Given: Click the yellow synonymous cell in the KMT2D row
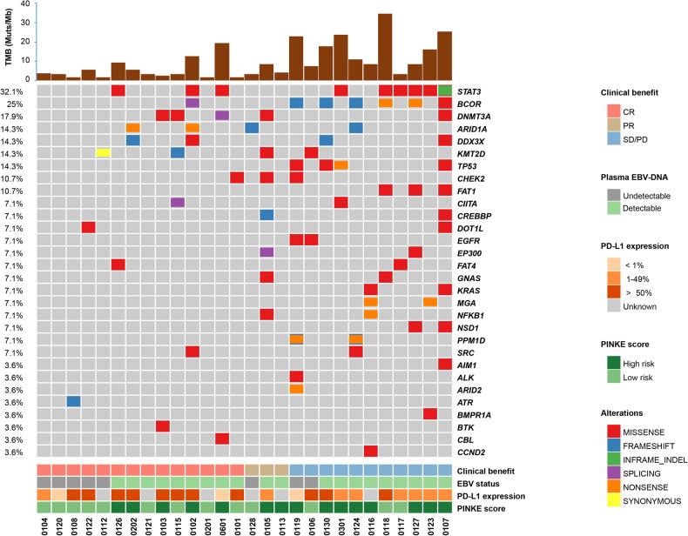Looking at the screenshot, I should tap(103, 153).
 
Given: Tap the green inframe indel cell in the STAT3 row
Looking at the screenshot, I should tap(445, 90).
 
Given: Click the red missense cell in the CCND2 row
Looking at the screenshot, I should tap(370, 451).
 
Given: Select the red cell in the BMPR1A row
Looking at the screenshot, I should tap(430, 413).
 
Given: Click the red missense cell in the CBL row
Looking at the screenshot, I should tap(222, 439).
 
